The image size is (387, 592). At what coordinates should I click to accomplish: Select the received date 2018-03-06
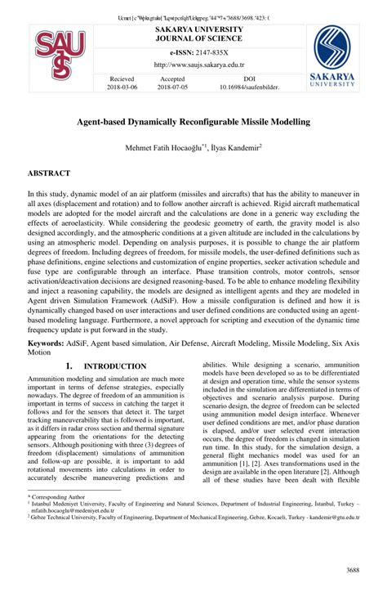coord(123,86)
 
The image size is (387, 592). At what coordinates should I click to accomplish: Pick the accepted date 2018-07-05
coord(172,86)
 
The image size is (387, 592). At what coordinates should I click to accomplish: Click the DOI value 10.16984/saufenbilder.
coord(245,86)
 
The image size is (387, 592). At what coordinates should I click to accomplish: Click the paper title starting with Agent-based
coord(193,122)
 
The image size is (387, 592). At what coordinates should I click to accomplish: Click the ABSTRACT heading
coord(49,174)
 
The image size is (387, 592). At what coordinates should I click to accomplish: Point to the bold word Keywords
coord(46,368)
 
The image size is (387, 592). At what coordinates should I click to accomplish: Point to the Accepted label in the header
coord(172,78)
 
